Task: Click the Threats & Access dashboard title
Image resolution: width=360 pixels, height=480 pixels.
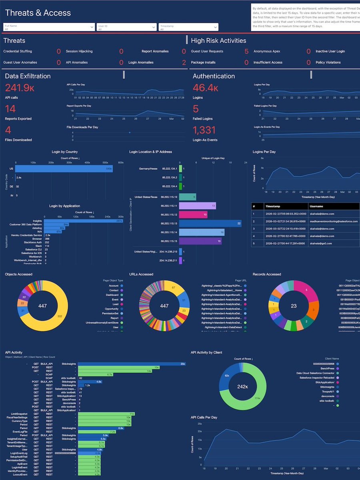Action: point(38,13)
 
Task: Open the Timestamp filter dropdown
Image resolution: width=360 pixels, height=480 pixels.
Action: point(188,27)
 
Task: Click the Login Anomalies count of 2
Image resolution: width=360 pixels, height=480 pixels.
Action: point(184,62)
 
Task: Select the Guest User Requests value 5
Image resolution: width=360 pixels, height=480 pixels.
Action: point(246,51)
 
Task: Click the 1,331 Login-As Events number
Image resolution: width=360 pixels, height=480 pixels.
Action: point(204,130)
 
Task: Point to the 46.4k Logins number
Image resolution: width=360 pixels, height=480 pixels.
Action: point(205,88)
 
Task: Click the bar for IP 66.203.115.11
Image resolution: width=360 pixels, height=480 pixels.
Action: point(198,205)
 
